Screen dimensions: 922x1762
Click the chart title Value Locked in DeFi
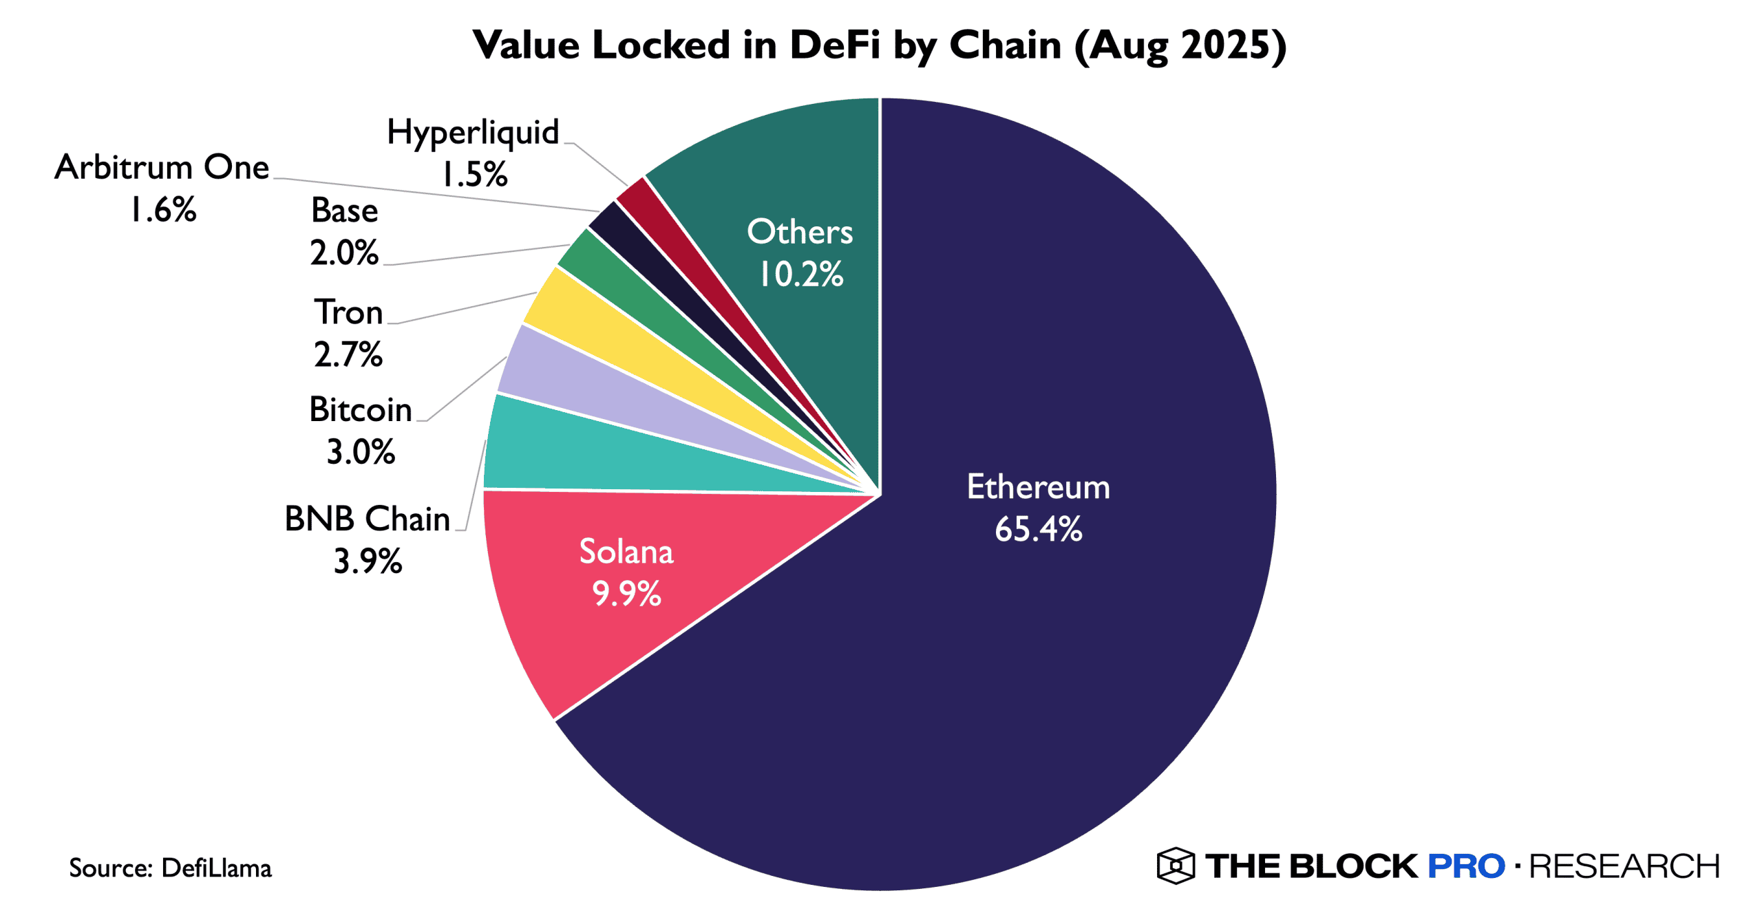[x=880, y=45]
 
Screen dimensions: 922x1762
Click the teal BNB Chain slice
[x=585, y=454]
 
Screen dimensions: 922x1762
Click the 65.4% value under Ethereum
[x=1038, y=530]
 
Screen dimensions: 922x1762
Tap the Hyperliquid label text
[x=473, y=132]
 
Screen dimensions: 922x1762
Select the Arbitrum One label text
[x=162, y=167]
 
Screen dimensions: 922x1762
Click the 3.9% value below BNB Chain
[x=368, y=561]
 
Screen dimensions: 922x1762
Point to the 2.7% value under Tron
[x=348, y=355]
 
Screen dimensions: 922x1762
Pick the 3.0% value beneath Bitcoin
[x=361, y=453]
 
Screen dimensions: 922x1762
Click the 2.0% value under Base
[x=344, y=253]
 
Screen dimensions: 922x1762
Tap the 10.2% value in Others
[x=800, y=275]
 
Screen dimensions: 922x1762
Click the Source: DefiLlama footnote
[x=170, y=868]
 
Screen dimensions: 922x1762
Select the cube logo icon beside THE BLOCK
[x=1175, y=866]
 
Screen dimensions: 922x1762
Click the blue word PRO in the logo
[x=1466, y=866]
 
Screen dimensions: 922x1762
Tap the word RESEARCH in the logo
[x=1624, y=866]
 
